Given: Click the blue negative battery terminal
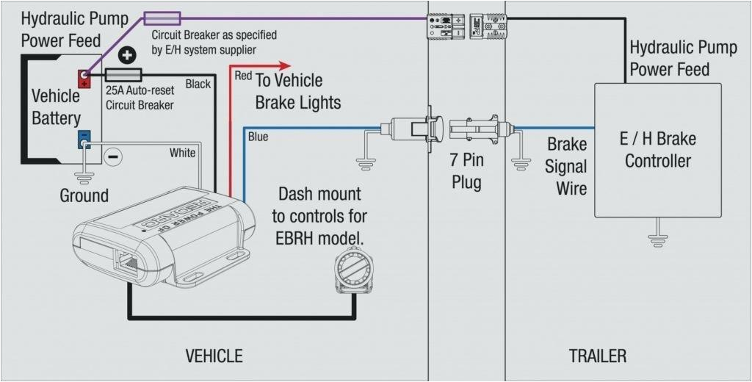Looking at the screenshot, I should click(84, 138).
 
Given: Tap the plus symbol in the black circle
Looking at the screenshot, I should click(127, 56).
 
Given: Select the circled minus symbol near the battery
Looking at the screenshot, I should click(112, 156).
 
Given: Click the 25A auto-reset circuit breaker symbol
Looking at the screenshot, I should click(123, 74).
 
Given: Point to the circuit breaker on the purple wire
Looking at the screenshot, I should click(161, 18).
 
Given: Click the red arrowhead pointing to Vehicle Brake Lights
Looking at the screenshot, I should click(283, 65).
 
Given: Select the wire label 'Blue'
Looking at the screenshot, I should click(258, 137).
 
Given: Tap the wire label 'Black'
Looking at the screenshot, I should click(198, 84).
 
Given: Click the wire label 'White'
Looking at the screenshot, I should click(182, 153).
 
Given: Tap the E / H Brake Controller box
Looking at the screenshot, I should click(657, 150).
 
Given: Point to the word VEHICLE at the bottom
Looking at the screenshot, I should click(214, 356).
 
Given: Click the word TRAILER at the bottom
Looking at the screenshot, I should click(597, 356).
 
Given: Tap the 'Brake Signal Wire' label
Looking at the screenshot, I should click(566, 166).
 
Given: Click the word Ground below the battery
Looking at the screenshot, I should click(84, 195).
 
